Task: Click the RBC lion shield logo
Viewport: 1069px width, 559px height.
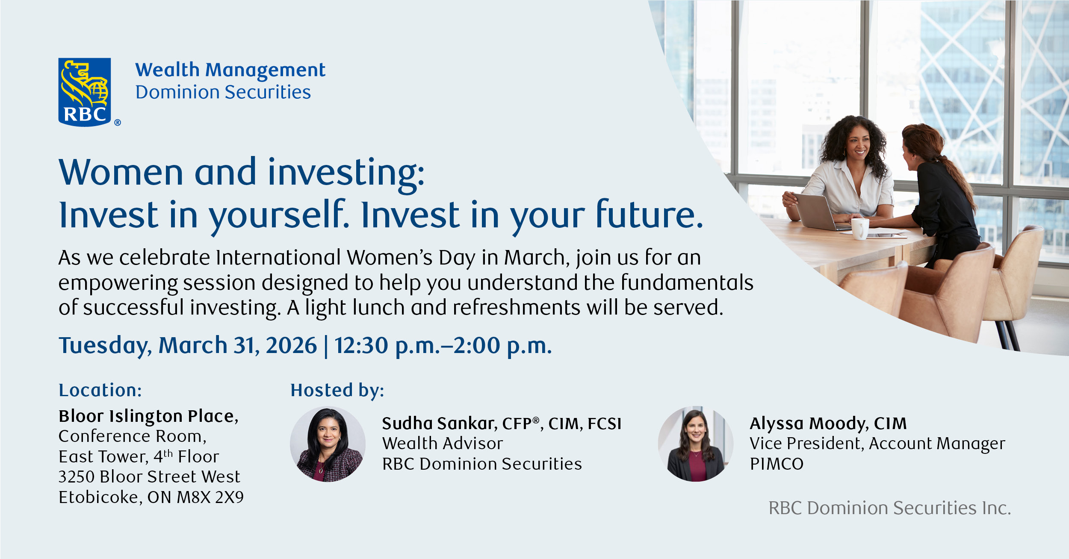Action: pyautogui.click(x=85, y=92)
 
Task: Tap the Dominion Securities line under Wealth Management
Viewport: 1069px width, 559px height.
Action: pyautogui.click(x=223, y=92)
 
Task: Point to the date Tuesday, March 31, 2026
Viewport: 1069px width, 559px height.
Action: pyautogui.click(x=188, y=346)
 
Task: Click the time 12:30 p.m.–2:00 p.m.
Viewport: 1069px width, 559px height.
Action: pyautogui.click(x=443, y=346)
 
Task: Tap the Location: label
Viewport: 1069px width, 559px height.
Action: pyautogui.click(x=100, y=390)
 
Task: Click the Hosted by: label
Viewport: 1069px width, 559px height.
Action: pyautogui.click(x=337, y=391)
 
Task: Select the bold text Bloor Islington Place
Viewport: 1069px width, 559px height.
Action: pyautogui.click(x=148, y=416)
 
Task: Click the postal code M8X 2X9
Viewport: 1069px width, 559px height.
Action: pyautogui.click(x=210, y=497)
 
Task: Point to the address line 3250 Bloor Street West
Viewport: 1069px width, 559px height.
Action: pyautogui.click(x=149, y=477)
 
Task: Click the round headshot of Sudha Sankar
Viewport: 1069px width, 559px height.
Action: pyautogui.click(x=328, y=444)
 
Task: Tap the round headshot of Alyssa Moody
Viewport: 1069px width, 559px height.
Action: pyautogui.click(x=696, y=444)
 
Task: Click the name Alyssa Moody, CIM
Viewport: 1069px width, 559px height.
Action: pyautogui.click(x=828, y=424)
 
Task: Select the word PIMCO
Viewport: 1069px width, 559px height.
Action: pyautogui.click(x=777, y=464)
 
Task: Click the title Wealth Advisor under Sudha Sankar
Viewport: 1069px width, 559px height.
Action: pyautogui.click(x=443, y=444)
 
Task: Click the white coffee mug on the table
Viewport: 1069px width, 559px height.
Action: pyautogui.click(x=859, y=229)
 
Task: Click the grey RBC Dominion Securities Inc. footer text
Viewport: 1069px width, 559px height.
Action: pyautogui.click(x=890, y=508)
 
